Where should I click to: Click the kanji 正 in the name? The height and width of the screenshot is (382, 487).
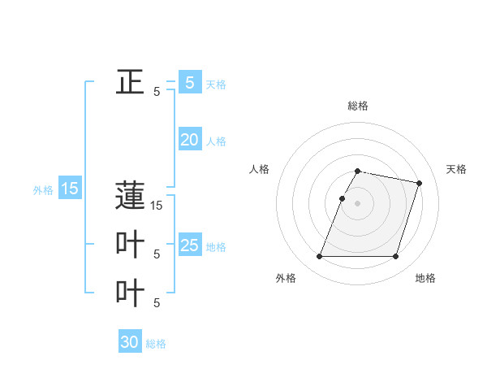pyautogui.click(x=130, y=81)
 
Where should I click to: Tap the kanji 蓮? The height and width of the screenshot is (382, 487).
pyautogui.click(x=130, y=198)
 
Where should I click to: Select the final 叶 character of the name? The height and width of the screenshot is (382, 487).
pyautogui.click(x=130, y=293)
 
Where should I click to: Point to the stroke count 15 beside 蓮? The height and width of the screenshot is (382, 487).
pyautogui.click(x=157, y=206)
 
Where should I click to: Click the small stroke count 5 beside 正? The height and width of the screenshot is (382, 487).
pyautogui.click(x=157, y=92)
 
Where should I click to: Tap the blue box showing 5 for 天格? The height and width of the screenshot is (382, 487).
pyautogui.click(x=190, y=82)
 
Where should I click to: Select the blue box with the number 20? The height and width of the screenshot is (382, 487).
pyautogui.click(x=190, y=140)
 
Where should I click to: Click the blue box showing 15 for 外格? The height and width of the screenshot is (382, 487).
pyautogui.click(x=70, y=189)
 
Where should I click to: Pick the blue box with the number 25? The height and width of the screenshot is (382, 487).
pyautogui.click(x=190, y=245)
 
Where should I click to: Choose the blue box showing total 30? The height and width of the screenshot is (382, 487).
pyautogui.click(x=130, y=342)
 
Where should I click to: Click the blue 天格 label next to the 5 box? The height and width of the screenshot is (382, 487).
pyautogui.click(x=216, y=85)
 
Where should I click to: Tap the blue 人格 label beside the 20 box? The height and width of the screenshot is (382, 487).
pyautogui.click(x=216, y=141)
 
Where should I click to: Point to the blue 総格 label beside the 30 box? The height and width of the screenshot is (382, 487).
pyautogui.click(x=156, y=344)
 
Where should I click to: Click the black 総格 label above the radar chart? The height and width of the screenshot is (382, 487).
pyautogui.click(x=358, y=106)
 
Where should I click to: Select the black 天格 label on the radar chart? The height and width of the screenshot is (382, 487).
pyautogui.click(x=456, y=169)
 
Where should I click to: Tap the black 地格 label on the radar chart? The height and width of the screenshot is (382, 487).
pyautogui.click(x=425, y=278)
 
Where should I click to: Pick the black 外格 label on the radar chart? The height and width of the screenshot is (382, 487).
pyautogui.click(x=286, y=278)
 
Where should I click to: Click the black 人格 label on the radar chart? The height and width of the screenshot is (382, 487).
pyautogui.click(x=259, y=169)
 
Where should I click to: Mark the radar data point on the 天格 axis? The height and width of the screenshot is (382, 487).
pyautogui.click(x=419, y=184)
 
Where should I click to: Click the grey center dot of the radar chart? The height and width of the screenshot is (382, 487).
pyautogui.click(x=357, y=203)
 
